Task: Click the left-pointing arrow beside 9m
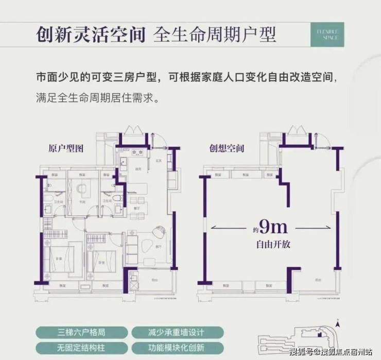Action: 227,227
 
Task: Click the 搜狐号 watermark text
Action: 301,352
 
